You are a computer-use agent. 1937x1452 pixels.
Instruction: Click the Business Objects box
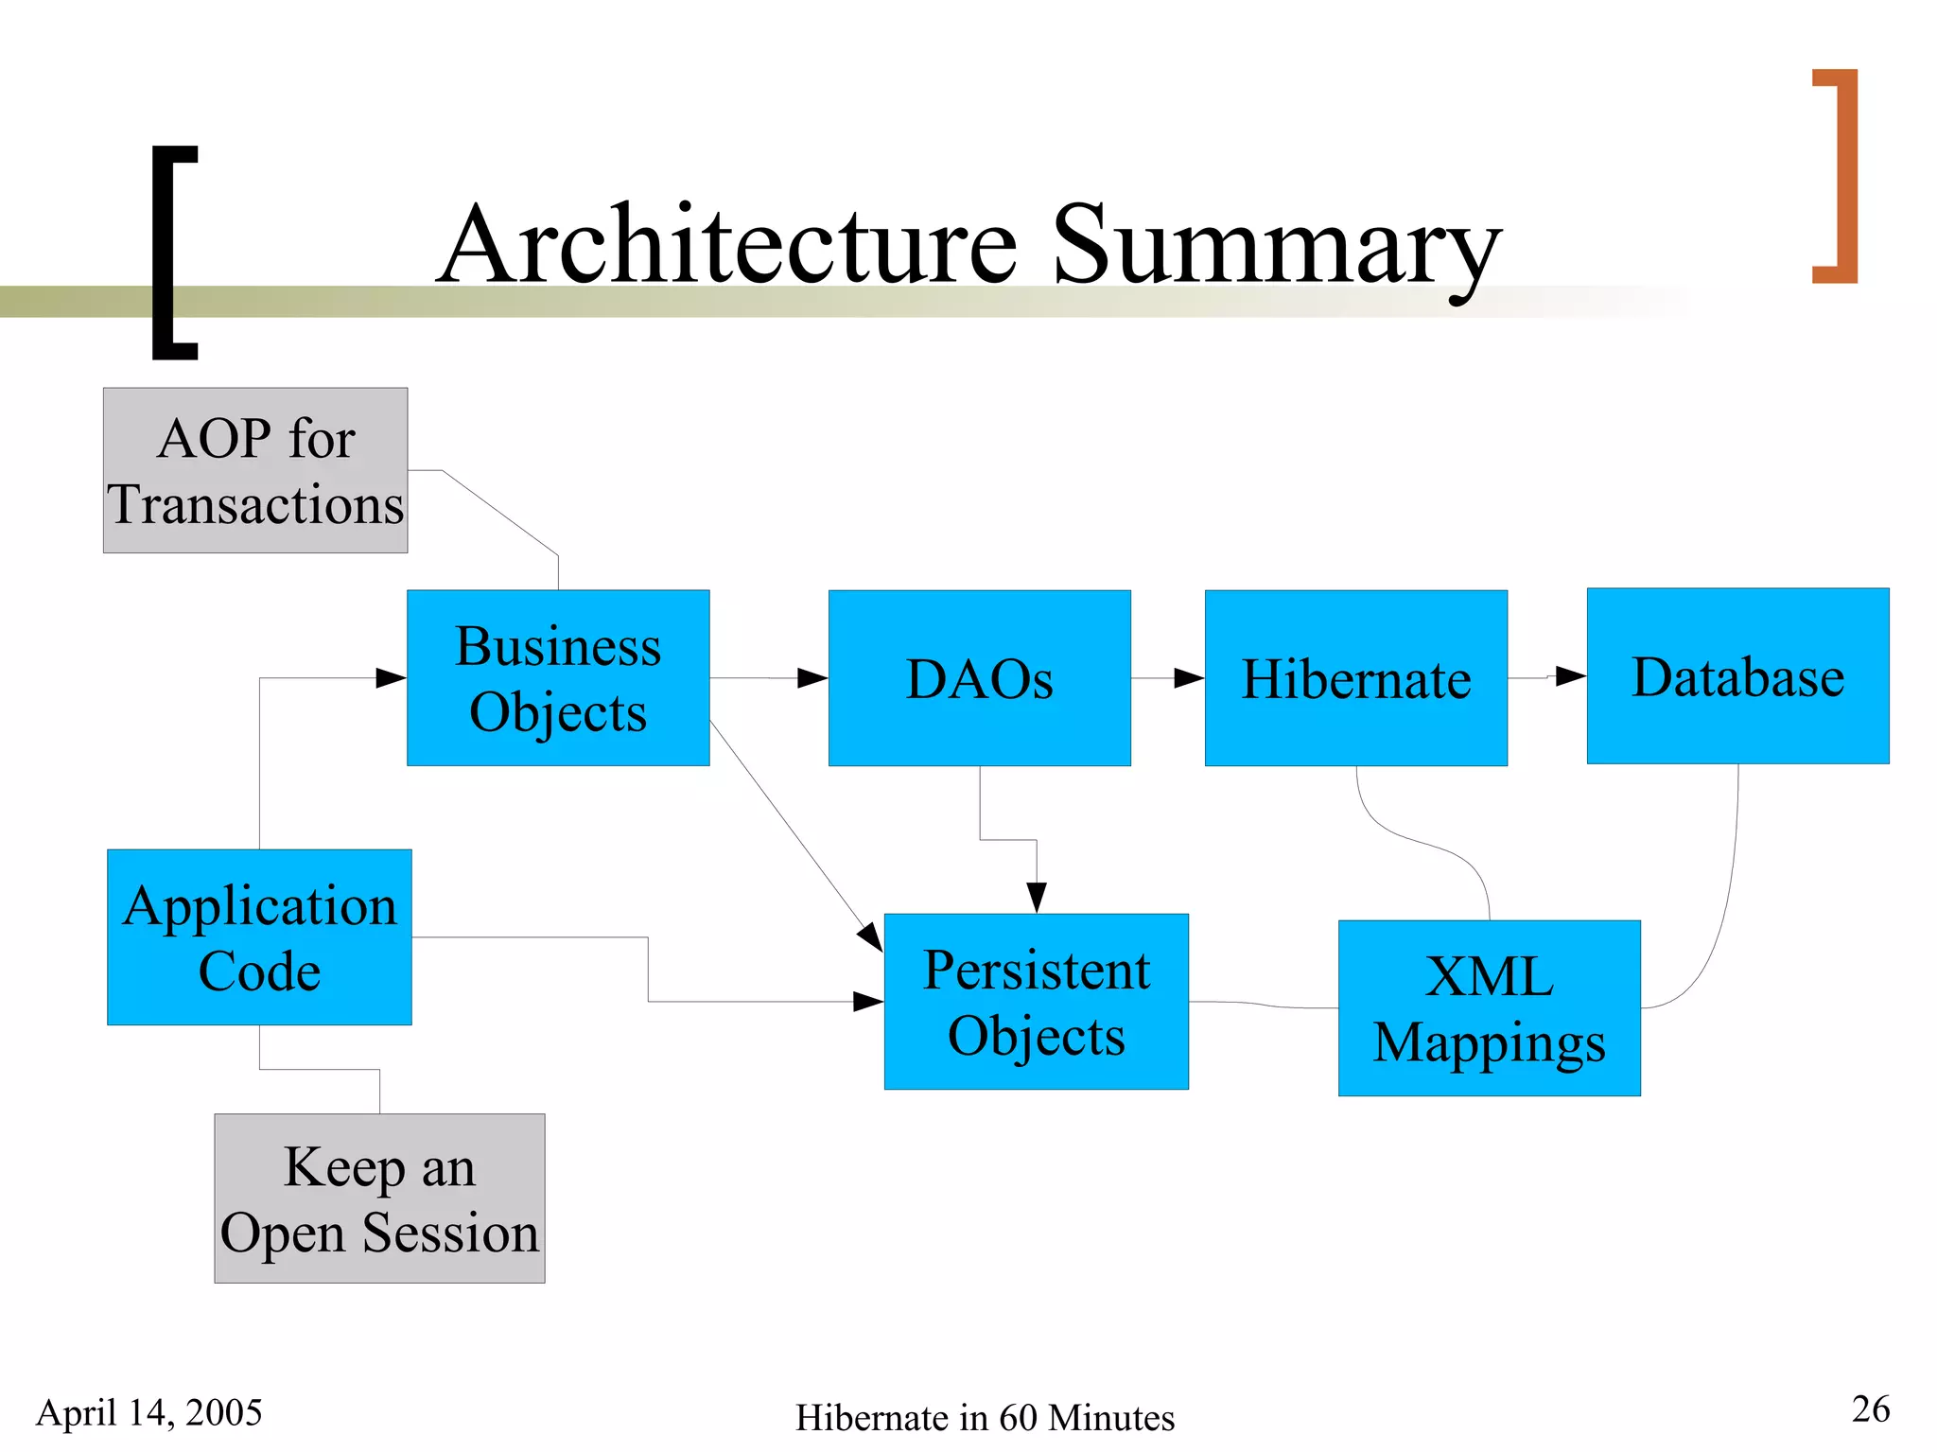coord(558,677)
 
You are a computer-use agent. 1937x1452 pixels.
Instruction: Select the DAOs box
coord(979,677)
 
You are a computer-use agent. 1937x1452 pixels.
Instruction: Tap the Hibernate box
coord(1355,677)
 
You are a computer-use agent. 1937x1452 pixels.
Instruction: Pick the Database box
coord(1737,675)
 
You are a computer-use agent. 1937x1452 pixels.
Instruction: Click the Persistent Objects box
coord(1036,1001)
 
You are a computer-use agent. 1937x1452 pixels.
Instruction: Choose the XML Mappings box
coord(1489,1007)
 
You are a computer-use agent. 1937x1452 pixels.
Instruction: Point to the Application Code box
coord(259,936)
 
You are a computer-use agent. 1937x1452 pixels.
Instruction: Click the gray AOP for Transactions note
coord(255,470)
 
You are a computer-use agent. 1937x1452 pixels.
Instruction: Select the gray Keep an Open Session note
coord(379,1198)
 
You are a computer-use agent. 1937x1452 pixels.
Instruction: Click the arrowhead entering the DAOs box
coord(813,677)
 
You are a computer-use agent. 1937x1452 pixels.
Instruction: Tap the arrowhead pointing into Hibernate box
coord(1190,677)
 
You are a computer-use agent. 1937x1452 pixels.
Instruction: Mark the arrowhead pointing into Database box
coord(1571,675)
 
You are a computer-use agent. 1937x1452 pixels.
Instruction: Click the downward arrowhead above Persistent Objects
coord(1037,897)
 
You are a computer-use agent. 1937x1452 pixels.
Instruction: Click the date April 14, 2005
coord(149,1412)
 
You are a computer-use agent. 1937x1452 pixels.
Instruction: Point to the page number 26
coord(1870,1408)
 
